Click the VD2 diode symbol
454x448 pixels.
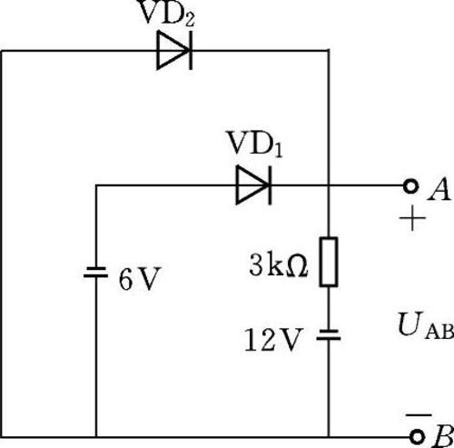(174, 51)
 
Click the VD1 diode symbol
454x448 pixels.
(254, 184)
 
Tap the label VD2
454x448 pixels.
(165, 13)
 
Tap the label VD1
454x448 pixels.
(254, 144)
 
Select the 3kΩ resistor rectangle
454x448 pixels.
(329, 262)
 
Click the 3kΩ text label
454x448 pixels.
(279, 266)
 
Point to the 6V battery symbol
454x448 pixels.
(95, 272)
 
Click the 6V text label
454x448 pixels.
(139, 279)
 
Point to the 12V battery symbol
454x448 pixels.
(329, 334)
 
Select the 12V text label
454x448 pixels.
(273, 340)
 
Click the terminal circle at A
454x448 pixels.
(410, 185)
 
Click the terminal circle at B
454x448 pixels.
(418, 437)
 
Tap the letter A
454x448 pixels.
(439, 189)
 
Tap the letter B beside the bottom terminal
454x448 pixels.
(443, 436)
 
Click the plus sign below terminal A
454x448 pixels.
(412, 218)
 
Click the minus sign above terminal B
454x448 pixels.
(419, 414)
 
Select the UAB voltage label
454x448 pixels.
(426, 324)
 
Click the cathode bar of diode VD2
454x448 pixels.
(191, 51)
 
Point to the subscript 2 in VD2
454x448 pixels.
(188, 20)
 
